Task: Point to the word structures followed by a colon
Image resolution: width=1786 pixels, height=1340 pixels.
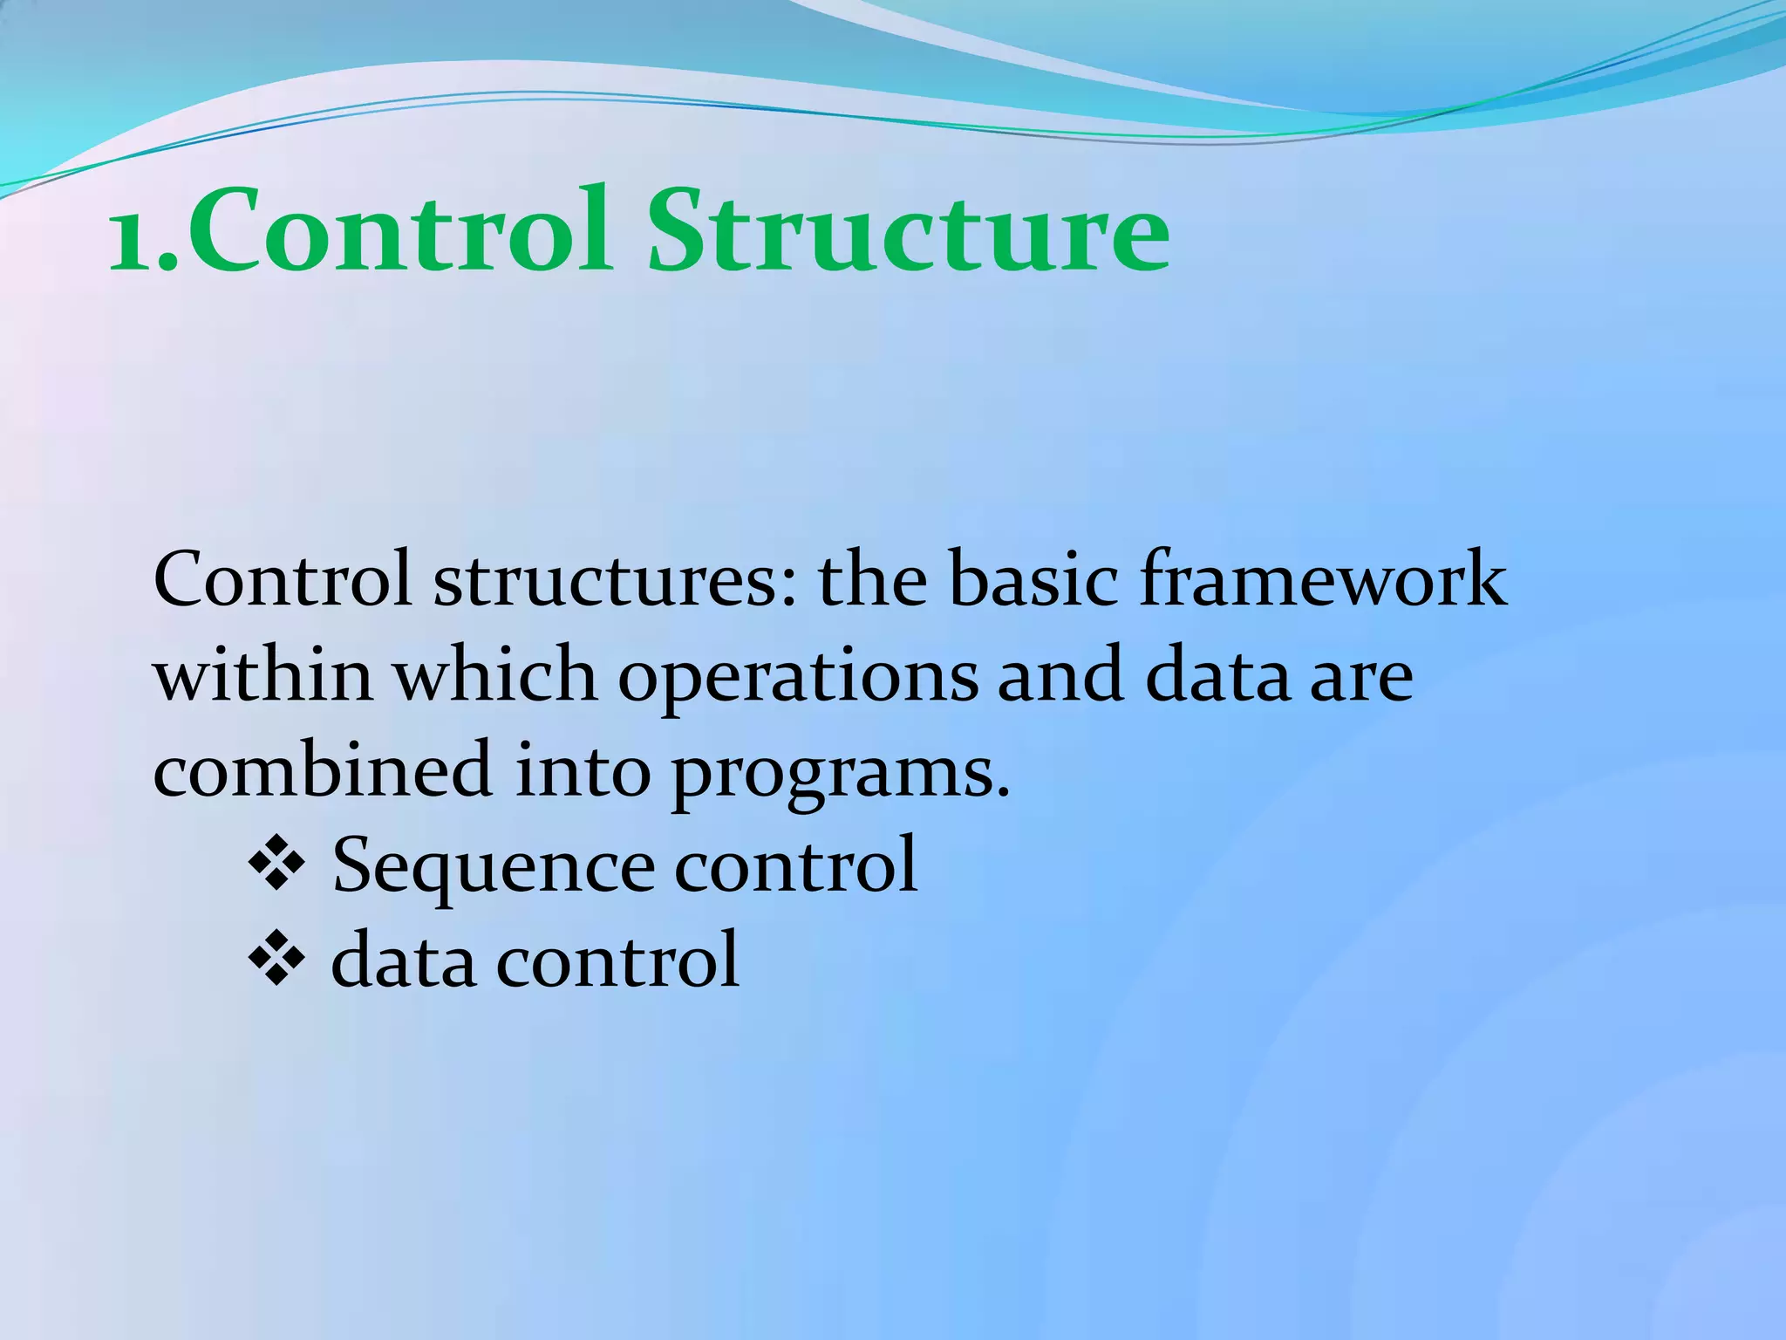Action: tap(615, 581)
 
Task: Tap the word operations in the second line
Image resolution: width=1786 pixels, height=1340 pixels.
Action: tap(797, 677)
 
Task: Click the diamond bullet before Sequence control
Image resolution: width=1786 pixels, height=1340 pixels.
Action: tap(276, 865)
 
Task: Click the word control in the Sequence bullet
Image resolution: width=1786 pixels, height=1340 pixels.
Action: tap(795, 865)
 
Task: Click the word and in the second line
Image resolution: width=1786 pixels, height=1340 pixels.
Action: tap(1060, 675)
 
